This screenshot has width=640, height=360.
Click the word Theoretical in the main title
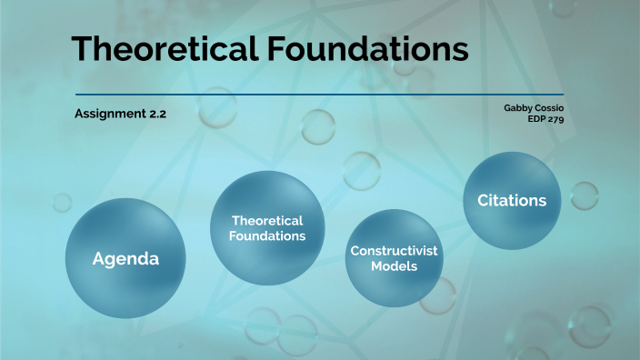coord(166,49)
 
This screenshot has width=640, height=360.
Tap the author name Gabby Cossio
coord(534,107)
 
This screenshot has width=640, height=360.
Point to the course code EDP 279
coord(545,118)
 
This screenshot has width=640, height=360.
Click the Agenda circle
coord(125,258)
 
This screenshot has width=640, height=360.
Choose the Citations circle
coord(512,200)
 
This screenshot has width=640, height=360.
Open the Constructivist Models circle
coord(395,258)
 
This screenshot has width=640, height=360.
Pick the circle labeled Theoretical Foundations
coord(267,227)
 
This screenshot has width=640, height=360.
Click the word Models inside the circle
coord(395,266)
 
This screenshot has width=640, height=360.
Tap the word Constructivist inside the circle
coord(395,250)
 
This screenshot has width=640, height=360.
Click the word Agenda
coord(125,259)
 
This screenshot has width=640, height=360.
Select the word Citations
coord(512,200)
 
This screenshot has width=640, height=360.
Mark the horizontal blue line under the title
coord(319,95)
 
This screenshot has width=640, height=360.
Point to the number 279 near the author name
coord(554,118)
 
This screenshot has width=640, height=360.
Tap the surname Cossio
coord(549,107)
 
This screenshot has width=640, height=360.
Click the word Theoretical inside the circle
coord(267,220)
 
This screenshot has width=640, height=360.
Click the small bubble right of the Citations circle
coord(584,195)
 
